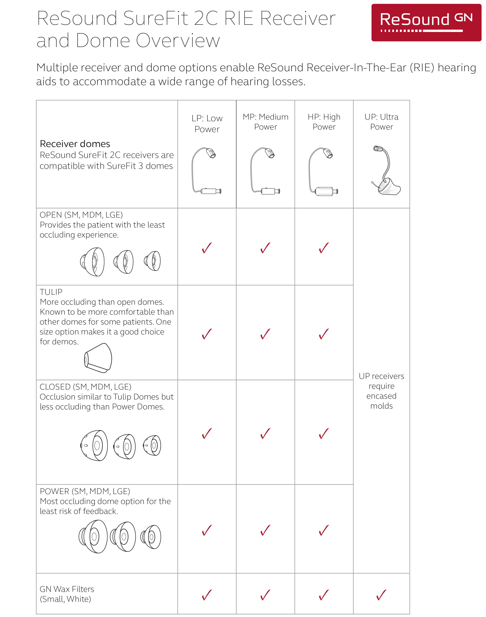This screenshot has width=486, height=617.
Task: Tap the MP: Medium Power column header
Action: pos(266,122)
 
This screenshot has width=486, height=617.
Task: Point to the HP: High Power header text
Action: pos(324,122)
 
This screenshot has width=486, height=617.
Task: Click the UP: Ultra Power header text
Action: pos(381,122)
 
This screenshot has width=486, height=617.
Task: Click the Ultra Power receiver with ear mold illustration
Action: pos(385,171)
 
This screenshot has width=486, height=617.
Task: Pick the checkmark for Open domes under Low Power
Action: pos(207,248)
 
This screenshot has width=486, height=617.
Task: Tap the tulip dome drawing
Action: pos(98,358)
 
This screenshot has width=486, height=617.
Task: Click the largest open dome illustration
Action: pos(92,262)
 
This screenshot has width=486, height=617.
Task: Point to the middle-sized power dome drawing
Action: pos(123,537)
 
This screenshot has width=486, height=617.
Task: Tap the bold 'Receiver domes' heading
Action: pos(75,144)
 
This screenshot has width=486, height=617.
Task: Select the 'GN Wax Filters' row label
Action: pos(67,594)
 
